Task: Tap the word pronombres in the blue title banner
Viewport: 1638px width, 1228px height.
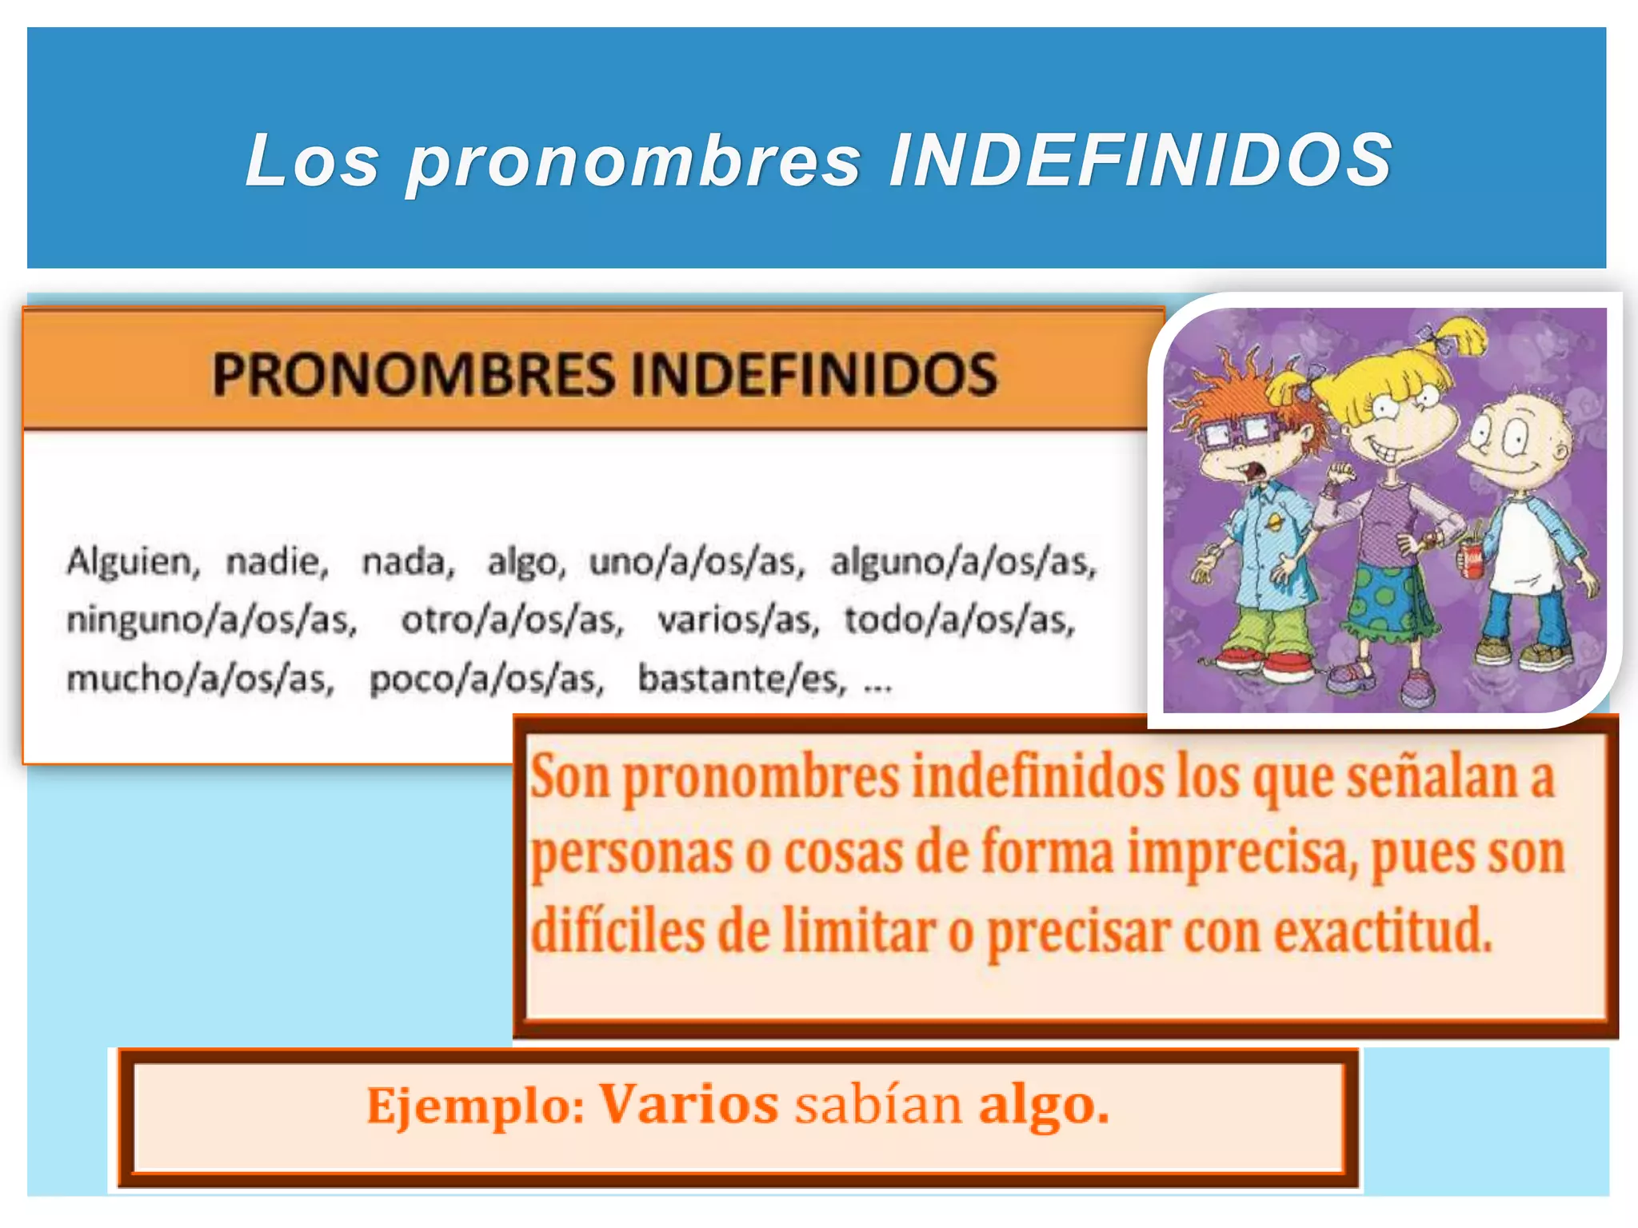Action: (x=634, y=162)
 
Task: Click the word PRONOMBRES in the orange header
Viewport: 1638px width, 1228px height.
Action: (x=413, y=374)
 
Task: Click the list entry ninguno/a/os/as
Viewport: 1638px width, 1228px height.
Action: (x=211, y=620)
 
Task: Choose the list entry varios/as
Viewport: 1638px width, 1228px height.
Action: (x=737, y=620)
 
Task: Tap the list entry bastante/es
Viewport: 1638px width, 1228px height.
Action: (x=741, y=680)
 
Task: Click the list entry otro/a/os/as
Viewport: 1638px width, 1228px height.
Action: (x=512, y=620)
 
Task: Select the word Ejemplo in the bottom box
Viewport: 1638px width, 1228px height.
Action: (x=475, y=1106)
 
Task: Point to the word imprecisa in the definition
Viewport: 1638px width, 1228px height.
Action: (x=1242, y=854)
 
